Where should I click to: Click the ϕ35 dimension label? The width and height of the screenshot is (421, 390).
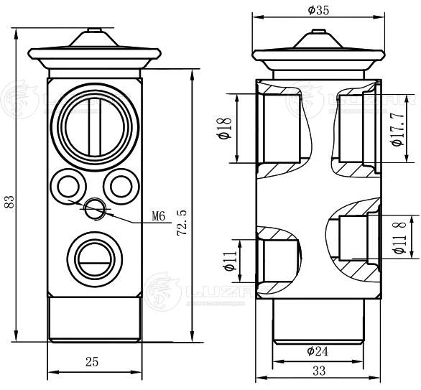(x=318, y=11)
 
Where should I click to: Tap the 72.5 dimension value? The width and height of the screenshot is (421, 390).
(x=182, y=223)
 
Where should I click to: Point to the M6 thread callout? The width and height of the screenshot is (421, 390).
(x=159, y=215)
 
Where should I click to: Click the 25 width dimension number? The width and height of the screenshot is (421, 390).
(x=92, y=361)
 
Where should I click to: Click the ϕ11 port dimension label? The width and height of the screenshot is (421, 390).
(x=230, y=260)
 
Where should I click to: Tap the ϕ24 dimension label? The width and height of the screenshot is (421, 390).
(x=318, y=350)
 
